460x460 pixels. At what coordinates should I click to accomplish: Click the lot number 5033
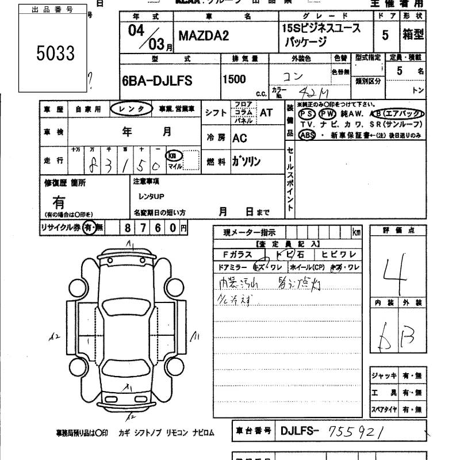(56, 53)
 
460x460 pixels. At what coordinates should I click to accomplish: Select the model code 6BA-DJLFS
(157, 81)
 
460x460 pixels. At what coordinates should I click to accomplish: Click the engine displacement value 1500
(236, 80)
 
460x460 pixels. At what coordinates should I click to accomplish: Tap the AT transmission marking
(266, 113)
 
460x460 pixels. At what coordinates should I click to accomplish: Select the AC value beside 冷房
(240, 139)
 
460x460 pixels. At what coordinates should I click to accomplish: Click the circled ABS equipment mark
(306, 135)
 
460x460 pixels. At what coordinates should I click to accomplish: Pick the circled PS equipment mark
(306, 114)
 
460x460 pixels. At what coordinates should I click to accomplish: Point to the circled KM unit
(172, 155)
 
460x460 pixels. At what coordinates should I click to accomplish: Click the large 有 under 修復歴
(59, 202)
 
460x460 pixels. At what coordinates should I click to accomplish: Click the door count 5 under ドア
(385, 35)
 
